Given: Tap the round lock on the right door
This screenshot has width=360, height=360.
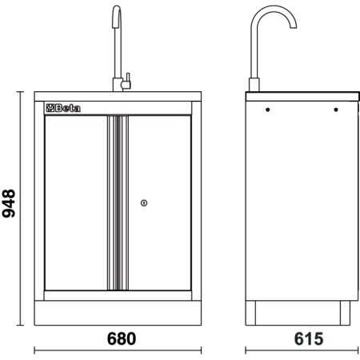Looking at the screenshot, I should coord(143,203).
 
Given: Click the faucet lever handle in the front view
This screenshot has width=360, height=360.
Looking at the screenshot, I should coord(126,81).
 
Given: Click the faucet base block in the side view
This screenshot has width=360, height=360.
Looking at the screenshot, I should coord(255,84).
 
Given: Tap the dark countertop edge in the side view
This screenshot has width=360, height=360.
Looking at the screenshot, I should coord(299,94).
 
